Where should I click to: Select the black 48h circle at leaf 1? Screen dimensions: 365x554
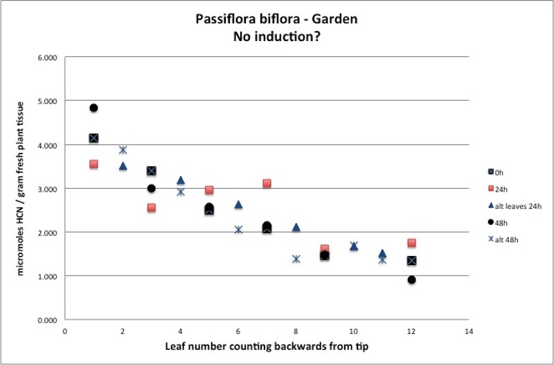tap(93, 108)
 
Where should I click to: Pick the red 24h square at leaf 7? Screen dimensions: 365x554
tap(267, 184)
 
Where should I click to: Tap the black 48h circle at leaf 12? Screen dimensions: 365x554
tap(412, 280)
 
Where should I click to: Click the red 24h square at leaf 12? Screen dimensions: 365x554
tap(412, 243)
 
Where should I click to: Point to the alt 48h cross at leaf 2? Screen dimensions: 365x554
tap(123, 150)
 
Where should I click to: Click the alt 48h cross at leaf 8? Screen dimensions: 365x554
tap(296, 259)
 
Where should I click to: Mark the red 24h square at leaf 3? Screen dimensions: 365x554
tap(152, 207)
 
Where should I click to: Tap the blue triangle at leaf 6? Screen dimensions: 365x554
tap(238, 205)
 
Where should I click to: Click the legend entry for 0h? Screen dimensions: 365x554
tap(496, 172)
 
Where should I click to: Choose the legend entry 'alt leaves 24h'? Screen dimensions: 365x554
tap(512, 205)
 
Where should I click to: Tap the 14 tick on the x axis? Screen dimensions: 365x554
tap(470, 331)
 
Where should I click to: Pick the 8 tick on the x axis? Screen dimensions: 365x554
tap(296, 331)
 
